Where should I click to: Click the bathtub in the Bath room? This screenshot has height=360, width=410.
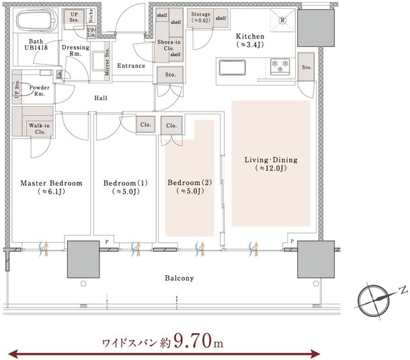tap(36, 21)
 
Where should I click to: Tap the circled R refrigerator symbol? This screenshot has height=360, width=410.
tap(282, 20)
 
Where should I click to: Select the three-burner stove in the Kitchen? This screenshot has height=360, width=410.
tap(280, 67)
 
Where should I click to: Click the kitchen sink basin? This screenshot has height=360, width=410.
tap(232, 67)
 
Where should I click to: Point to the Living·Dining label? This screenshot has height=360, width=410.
tap(271, 164)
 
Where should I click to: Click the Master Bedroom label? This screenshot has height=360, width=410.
tap(51, 187)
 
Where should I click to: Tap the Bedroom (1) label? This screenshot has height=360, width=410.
tap(126, 187)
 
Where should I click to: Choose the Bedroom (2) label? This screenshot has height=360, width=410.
tap(190, 186)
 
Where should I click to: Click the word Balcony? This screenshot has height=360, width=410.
tap(179, 278)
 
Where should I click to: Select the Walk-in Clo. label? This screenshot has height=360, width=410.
tap(40, 129)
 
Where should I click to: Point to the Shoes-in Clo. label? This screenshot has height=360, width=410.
tap(169, 45)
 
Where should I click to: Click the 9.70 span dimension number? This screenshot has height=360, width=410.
tap(192, 340)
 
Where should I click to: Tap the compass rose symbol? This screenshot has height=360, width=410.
tap(374, 300)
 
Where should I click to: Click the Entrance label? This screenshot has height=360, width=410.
tap(131, 66)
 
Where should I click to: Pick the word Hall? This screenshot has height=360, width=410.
tap(101, 98)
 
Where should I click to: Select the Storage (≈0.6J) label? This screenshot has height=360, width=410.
tap(200, 17)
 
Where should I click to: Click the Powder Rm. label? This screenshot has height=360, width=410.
tap(39, 91)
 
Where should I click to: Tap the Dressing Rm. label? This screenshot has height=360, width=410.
tap(75, 50)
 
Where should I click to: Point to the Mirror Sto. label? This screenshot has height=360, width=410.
tap(107, 61)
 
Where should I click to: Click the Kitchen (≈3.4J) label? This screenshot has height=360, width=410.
tap(250, 40)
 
